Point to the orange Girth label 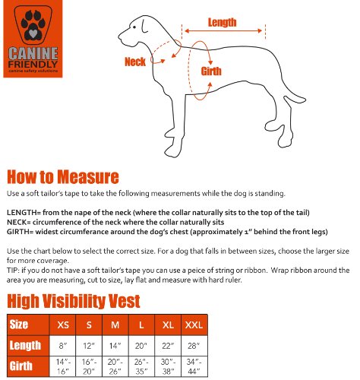coord(212,71)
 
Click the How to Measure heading coord(63,177)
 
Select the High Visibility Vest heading coord(73,300)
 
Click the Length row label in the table coord(26,346)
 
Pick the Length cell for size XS coord(63,346)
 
